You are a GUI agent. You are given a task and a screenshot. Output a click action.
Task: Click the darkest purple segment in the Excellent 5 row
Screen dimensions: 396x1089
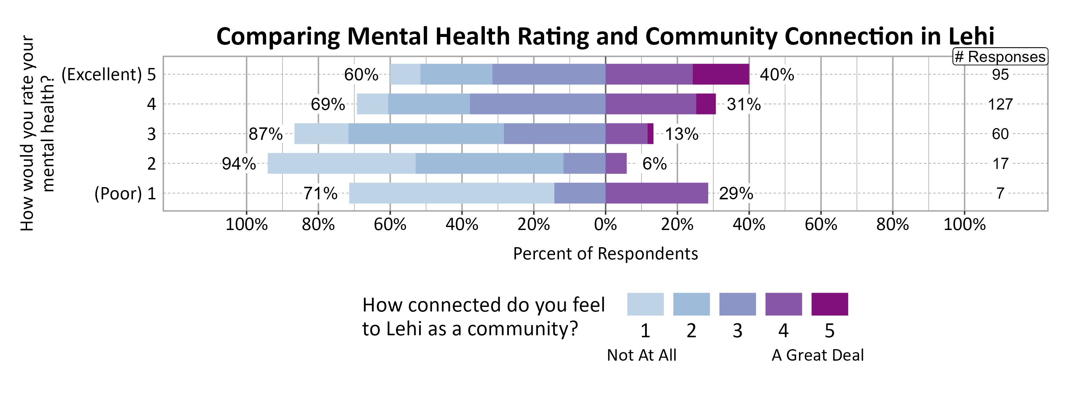click(x=721, y=74)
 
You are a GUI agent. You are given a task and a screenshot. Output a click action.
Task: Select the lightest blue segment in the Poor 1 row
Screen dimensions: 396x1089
click(x=451, y=193)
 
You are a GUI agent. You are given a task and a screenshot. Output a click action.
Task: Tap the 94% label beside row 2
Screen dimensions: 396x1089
click(x=239, y=164)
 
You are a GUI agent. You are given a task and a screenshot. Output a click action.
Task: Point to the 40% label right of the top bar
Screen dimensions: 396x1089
click(x=777, y=74)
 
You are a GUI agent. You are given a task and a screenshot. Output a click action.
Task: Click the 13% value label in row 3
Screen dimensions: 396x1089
click(x=681, y=134)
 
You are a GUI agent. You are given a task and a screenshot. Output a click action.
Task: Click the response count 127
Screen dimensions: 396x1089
click(x=1000, y=104)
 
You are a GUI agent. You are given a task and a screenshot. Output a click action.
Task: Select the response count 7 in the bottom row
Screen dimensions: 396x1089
click(x=1000, y=193)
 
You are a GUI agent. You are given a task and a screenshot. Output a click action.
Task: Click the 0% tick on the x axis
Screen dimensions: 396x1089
click(x=605, y=224)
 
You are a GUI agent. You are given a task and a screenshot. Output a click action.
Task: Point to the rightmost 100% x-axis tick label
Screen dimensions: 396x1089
click(x=964, y=224)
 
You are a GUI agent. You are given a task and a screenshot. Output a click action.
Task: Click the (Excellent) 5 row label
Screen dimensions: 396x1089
click(x=109, y=74)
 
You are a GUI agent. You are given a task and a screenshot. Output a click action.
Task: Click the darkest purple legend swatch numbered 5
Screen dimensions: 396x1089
click(x=829, y=304)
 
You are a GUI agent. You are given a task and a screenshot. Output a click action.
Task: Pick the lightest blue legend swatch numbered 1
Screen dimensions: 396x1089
click(x=645, y=304)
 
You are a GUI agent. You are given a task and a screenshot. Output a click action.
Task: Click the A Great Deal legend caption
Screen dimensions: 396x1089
click(x=818, y=355)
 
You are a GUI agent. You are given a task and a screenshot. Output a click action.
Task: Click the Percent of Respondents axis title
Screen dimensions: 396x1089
click(x=605, y=253)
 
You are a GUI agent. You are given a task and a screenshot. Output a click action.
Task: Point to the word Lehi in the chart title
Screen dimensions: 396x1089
click(x=971, y=36)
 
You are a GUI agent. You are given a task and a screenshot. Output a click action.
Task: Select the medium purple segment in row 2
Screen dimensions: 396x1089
click(x=616, y=164)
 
